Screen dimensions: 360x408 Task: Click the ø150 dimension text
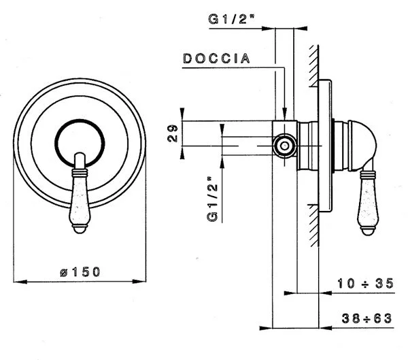[80, 272]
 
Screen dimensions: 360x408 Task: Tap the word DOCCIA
[216, 59]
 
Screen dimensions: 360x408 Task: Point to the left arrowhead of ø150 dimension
[17, 280]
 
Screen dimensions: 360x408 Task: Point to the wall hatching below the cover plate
[314, 225]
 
